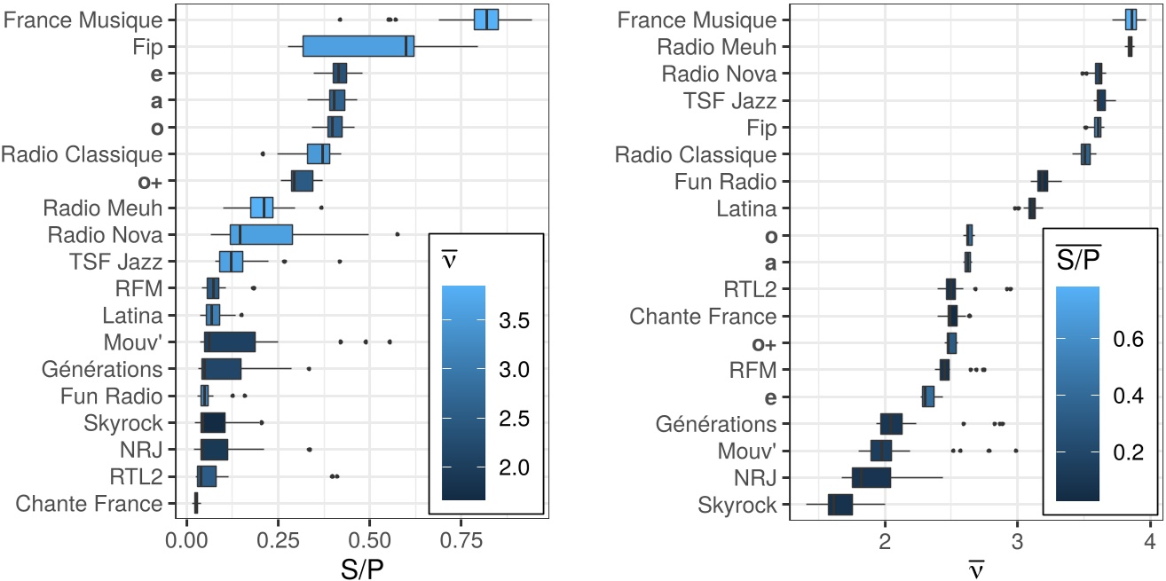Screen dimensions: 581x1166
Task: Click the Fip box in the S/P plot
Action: point(358,46)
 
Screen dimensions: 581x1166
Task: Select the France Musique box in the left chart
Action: point(486,20)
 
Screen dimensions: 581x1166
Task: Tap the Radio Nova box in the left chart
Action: point(261,235)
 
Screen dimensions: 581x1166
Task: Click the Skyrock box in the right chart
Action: point(839,505)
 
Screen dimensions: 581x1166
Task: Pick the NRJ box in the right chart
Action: point(871,478)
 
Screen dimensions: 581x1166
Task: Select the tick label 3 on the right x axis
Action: point(1017,538)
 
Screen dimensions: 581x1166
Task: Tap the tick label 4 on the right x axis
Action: point(1150,538)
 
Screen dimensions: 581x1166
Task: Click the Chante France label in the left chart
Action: point(90,505)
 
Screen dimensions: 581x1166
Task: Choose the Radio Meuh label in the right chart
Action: point(719,46)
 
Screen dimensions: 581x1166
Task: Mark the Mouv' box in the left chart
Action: point(229,342)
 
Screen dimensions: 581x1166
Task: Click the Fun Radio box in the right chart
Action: point(1043,181)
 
